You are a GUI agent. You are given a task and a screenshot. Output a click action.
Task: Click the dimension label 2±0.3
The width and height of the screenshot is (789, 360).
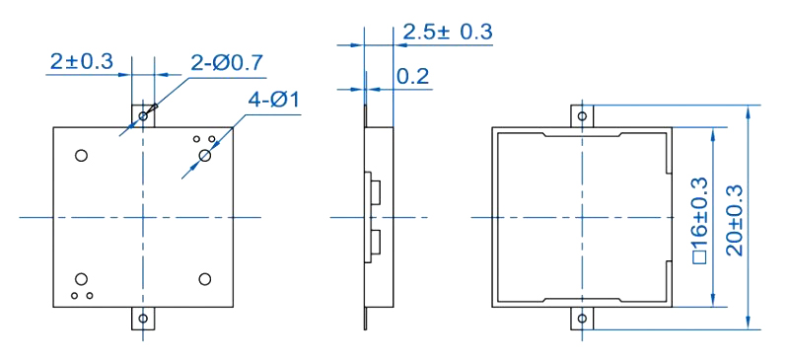click(82, 61)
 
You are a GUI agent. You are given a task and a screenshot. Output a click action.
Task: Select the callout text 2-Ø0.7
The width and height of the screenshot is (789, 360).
click(227, 63)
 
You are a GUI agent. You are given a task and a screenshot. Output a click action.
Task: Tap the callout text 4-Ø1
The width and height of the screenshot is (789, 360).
click(274, 101)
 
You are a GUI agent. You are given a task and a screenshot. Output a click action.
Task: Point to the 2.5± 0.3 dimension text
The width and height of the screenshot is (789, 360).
click(448, 32)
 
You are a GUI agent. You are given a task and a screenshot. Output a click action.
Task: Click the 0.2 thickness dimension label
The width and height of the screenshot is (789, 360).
click(412, 77)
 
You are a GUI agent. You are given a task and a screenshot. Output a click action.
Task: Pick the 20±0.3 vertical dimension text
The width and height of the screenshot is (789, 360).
click(735, 221)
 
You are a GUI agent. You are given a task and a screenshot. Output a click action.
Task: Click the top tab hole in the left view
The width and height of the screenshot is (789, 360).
click(143, 116)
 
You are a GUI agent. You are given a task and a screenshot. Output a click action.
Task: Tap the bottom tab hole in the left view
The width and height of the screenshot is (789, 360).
click(143, 319)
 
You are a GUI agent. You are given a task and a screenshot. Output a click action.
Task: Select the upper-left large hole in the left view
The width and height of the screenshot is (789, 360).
click(81, 155)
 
